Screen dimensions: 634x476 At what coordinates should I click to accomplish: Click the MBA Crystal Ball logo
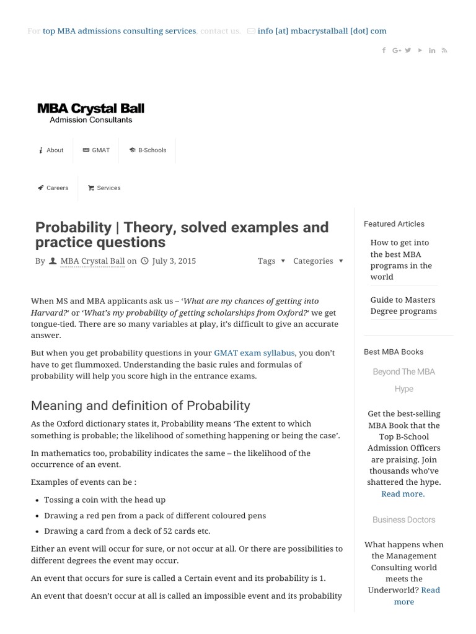tap(90, 113)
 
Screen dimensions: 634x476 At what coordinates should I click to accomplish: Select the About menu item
tap(51, 150)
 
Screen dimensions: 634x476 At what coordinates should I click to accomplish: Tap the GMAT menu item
tap(96, 150)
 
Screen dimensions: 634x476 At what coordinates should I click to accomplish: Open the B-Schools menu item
tap(148, 150)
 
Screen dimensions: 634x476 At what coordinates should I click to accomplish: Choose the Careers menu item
tap(53, 188)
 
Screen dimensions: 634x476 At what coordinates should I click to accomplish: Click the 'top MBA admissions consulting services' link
tap(119, 31)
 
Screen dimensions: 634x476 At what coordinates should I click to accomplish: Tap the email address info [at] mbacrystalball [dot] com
tap(322, 31)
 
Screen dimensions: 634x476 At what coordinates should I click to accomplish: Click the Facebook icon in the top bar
tap(384, 50)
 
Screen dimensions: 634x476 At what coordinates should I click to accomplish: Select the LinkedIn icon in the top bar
tap(432, 50)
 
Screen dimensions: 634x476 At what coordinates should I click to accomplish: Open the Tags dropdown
tap(271, 261)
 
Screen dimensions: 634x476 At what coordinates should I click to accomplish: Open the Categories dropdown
tap(318, 261)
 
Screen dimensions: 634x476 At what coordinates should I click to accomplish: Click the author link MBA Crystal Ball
tap(92, 261)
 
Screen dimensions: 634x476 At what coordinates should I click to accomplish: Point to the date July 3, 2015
tap(174, 261)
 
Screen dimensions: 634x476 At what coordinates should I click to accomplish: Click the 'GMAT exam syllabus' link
tap(254, 353)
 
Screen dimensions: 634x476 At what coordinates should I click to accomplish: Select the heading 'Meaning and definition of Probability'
tap(141, 406)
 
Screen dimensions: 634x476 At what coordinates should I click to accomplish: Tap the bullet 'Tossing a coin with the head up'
tap(105, 500)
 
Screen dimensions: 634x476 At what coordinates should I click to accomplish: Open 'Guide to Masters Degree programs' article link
tap(403, 305)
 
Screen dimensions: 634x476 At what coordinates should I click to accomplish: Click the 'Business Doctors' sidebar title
tap(404, 519)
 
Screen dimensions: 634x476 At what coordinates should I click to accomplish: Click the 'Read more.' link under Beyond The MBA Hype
tap(403, 493)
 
